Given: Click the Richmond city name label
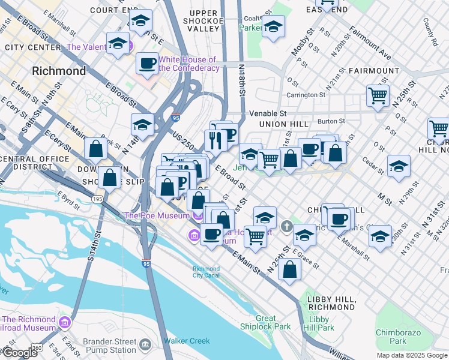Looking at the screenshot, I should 59,71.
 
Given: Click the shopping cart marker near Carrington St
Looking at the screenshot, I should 378,95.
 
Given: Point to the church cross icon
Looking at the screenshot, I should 288,227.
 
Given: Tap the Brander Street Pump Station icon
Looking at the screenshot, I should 145,345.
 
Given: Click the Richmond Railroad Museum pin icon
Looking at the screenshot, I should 65,323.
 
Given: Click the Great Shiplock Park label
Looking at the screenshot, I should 265,323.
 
